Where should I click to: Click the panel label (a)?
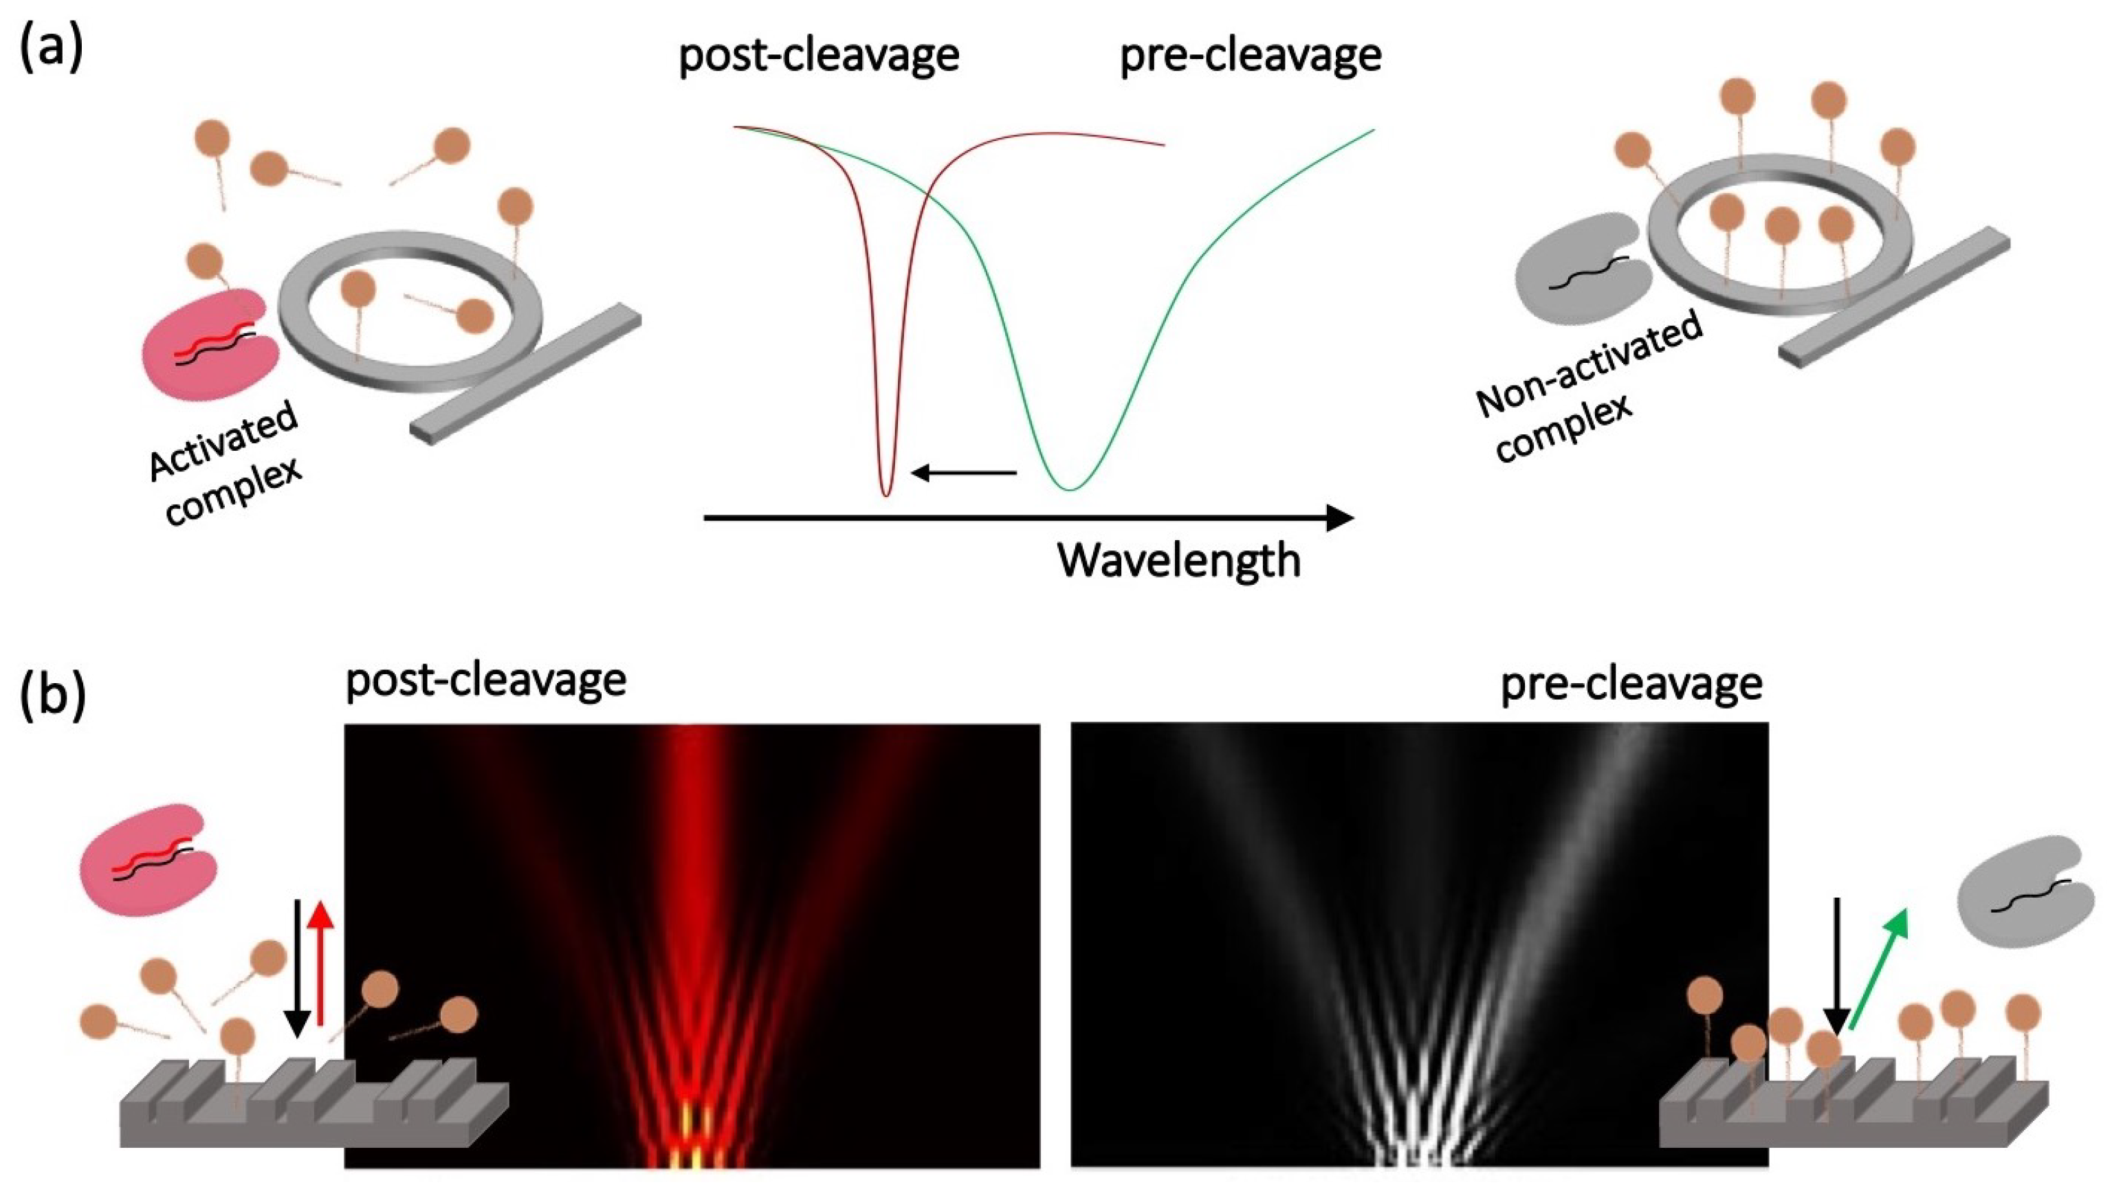click(x=51, y=49)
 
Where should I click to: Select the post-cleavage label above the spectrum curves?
click(x=819, y=56)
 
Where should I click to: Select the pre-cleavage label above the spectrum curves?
click(x=1250, y=56)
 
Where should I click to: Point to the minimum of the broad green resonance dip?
click(x=1069, y=489)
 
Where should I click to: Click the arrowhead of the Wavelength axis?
click(x=1339, y=518)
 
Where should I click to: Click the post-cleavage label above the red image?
click(x=485, y=682)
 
